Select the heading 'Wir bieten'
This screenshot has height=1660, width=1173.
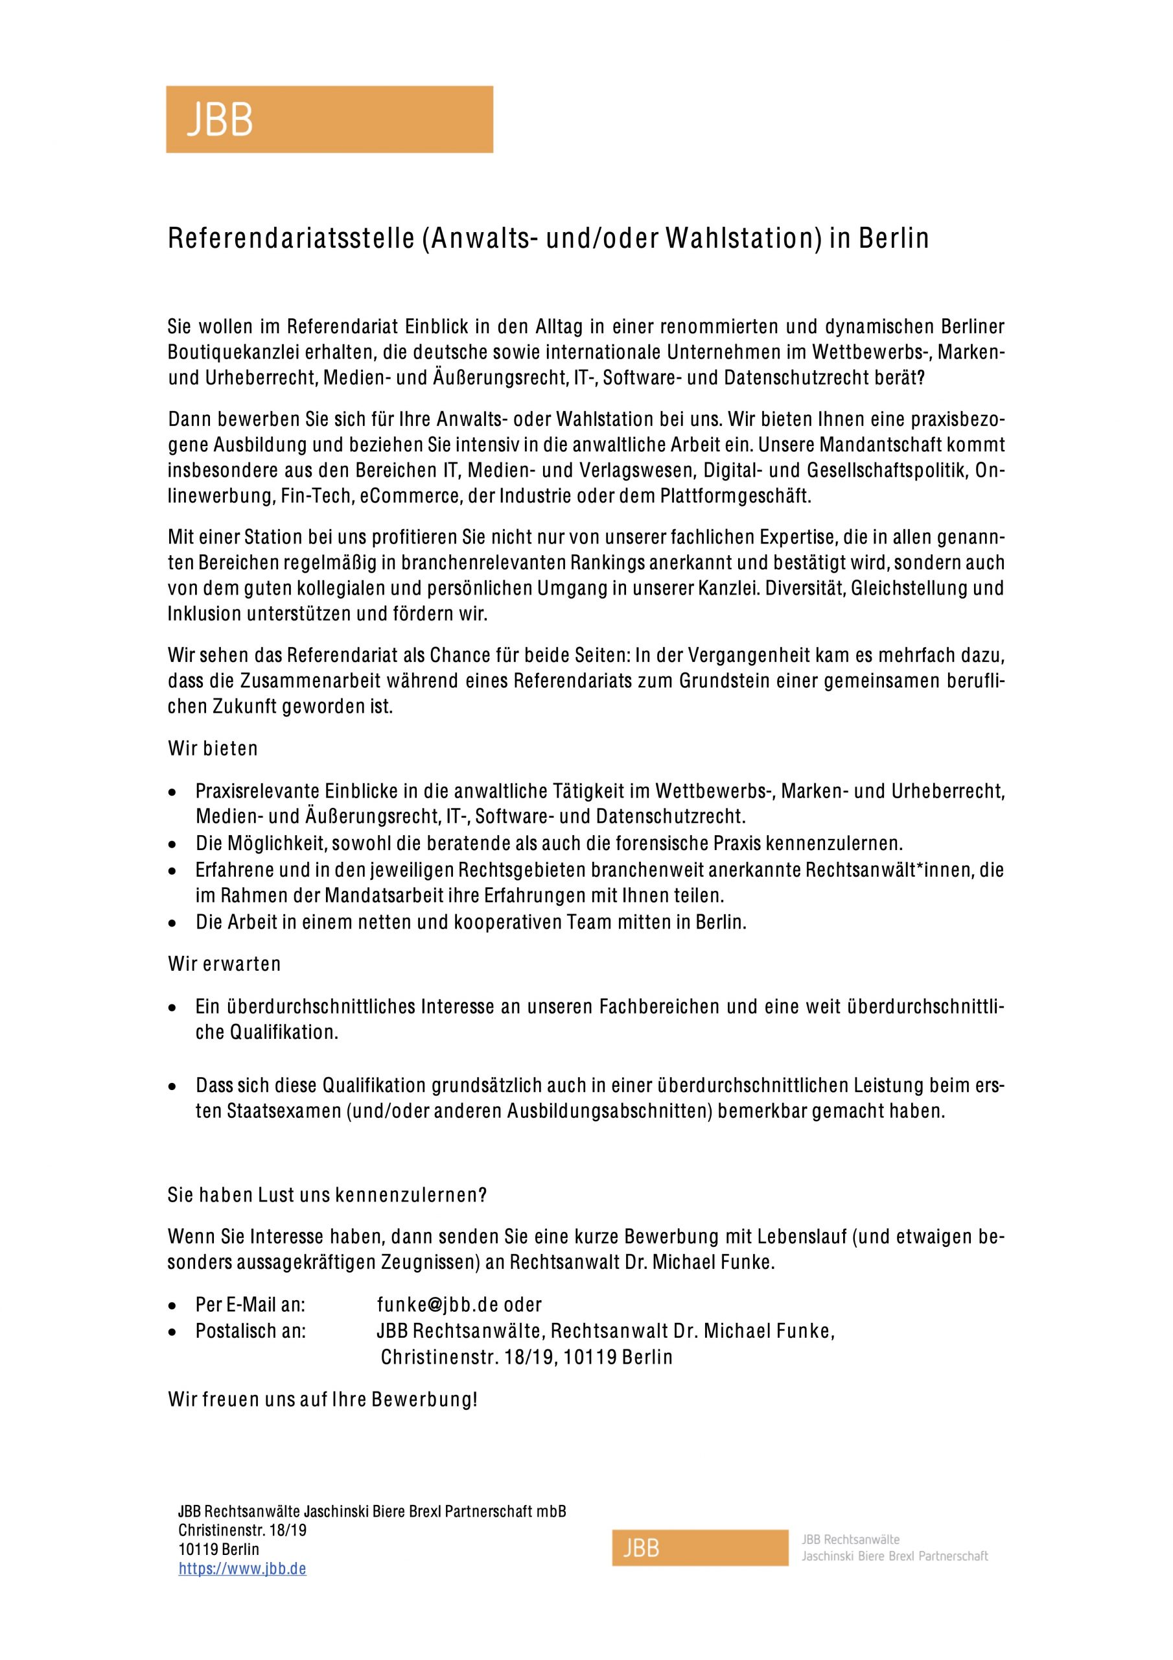(x=213, y=748)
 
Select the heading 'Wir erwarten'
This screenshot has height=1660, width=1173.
(x=224, y=964)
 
